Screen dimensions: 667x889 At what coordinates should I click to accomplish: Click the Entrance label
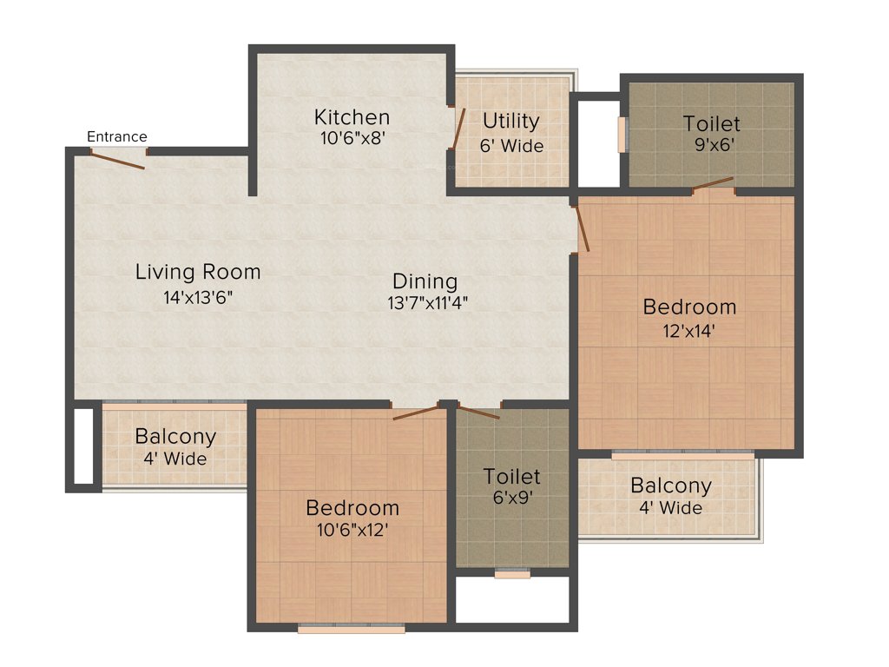click(x=117, y=136)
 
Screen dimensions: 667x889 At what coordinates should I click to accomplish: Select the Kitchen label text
click(x=352, y=116)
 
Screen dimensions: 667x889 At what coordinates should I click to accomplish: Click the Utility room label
click(x=511, y=121)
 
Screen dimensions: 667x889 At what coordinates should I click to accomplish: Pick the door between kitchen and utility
click(x=459, y=129)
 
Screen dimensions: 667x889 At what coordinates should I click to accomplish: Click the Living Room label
click(x=198, y=272)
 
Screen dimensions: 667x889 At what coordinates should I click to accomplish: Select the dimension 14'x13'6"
click(x=198, y=297)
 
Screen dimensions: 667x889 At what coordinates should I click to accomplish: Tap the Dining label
click(x=425, y=281)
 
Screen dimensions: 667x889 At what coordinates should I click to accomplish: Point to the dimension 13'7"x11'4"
click(x=425, y=303)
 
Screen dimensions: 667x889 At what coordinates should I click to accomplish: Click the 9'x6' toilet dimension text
click(x=712, y=145)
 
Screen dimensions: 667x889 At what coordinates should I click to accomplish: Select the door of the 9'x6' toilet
click(x=714, y=183)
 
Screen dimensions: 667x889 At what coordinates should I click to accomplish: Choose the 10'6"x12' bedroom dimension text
click(x=352, y=529)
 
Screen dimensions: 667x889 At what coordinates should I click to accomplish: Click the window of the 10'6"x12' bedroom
click(x=351, y=627)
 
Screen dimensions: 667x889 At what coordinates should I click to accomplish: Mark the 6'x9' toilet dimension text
click(x=512, y=498)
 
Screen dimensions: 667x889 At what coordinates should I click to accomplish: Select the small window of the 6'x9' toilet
click(x=512, y=573)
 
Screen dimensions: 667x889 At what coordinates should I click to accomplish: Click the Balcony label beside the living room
click(x=175, y=437)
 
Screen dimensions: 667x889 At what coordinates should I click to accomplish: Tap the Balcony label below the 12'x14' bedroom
click(x=671, y=485)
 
